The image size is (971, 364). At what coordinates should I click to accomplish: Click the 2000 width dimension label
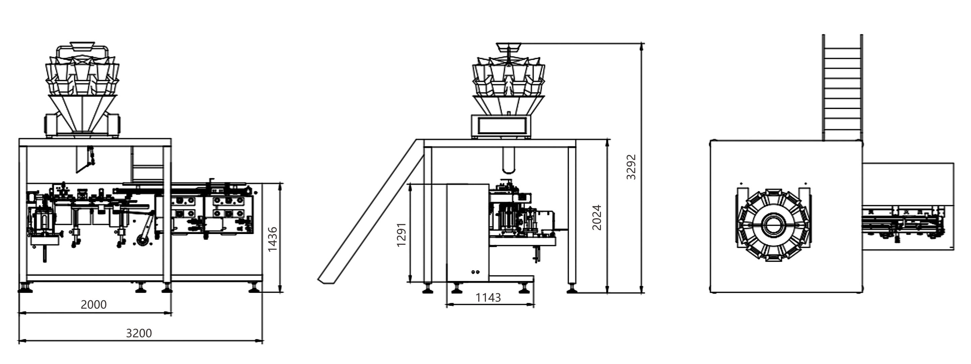click(94, 305)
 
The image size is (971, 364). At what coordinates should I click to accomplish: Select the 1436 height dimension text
click(272, 239)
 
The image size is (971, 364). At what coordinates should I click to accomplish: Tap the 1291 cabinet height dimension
click(401, 235)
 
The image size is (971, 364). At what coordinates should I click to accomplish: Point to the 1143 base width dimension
click(488, 298)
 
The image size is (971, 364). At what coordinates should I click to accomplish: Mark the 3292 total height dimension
click(631, 167)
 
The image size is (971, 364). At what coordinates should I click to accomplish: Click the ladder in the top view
click(842, 88)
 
